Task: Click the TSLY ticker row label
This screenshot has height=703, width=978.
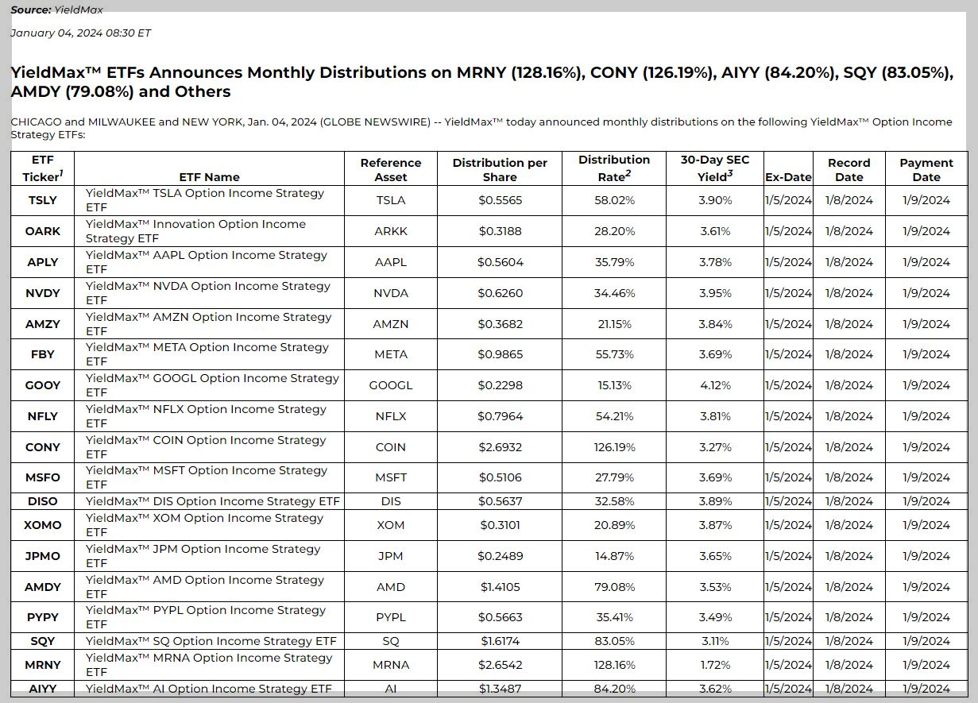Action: [x=42, y=200]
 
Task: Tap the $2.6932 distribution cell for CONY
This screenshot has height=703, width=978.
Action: [x=501, y=447]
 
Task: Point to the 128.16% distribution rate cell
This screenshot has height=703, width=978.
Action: [x=614, y=665]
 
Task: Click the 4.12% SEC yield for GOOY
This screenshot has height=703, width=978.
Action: [x=715, y=385]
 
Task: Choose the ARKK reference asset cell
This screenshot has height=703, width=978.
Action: [x=390, y=231]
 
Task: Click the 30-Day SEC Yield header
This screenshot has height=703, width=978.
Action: [x=715, y=168]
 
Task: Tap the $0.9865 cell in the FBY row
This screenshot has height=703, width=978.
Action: [x=501, y=354]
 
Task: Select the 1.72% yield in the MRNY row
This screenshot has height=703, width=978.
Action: [x=715, y=665]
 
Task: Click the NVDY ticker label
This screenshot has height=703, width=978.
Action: [x=42, y=293]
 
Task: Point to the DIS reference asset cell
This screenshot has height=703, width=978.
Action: [x=390, y=501]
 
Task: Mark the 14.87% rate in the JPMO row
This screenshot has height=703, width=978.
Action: [x=614, y=556]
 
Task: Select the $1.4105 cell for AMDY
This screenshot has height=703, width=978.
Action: [x=501, y=587]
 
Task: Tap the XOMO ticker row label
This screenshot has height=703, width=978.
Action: [x=42, y=525]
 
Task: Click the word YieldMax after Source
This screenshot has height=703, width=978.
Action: [x=79, y=10]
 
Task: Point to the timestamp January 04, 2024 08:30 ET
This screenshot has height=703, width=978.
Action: [x=80, y=33]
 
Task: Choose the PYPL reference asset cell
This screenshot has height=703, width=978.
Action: [x=390, y=617]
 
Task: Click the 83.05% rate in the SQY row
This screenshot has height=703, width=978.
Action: [x=614, y=641]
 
